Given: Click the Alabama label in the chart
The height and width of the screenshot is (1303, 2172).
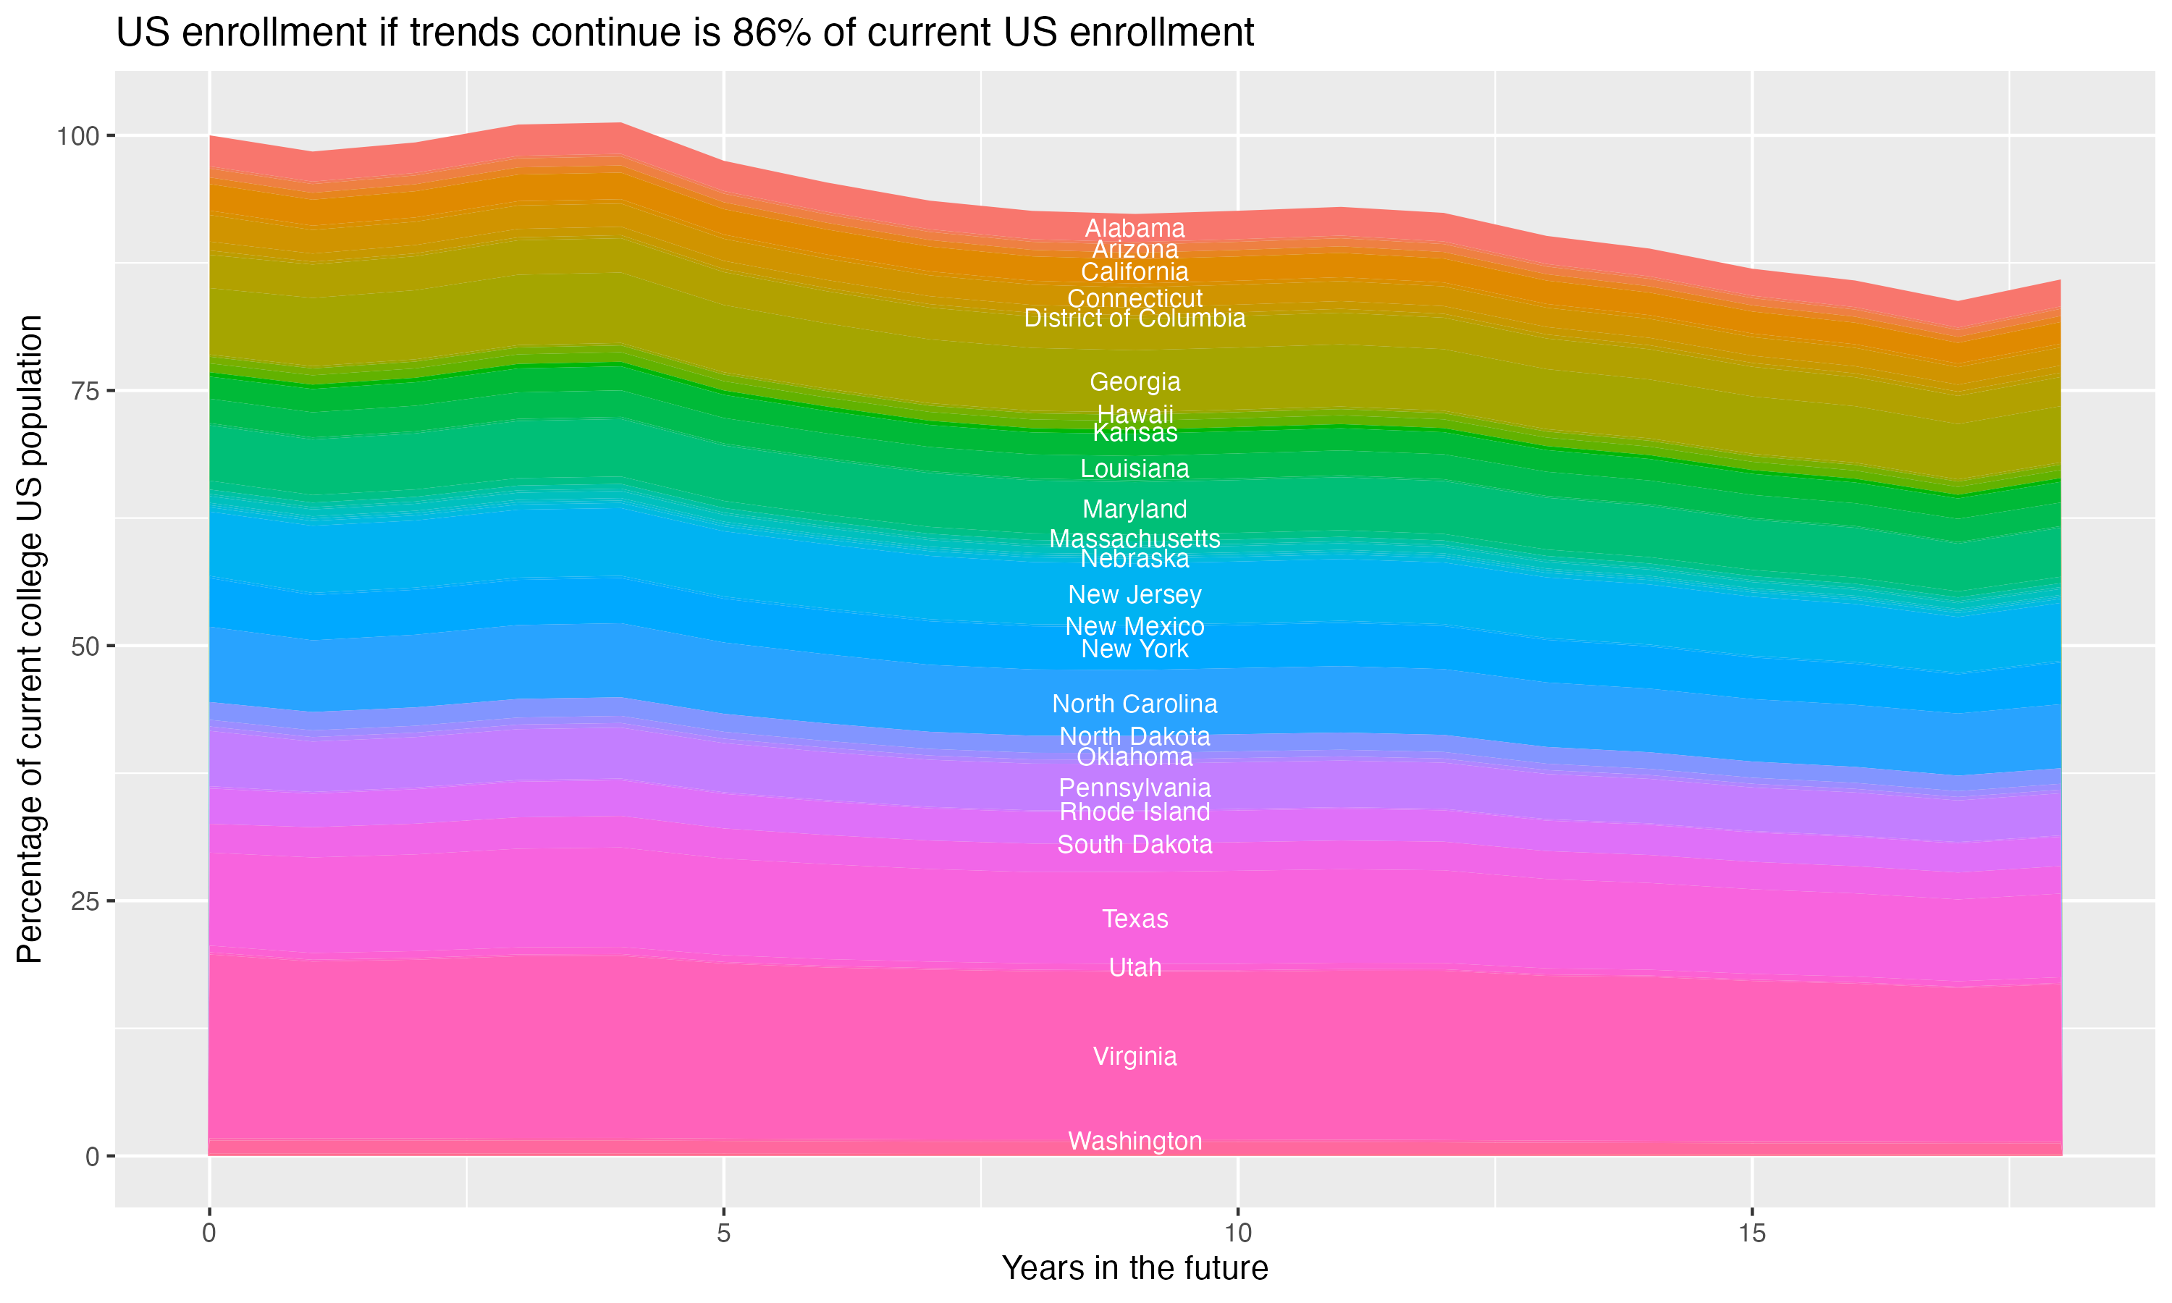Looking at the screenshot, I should point(1135,228).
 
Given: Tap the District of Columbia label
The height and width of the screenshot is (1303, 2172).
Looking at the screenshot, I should point(1135,318).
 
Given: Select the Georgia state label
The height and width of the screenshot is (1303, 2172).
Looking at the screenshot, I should point(1135,382).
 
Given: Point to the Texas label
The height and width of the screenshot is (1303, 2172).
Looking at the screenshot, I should point(1135,919).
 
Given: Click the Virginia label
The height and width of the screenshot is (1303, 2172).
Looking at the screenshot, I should point(1135,1055).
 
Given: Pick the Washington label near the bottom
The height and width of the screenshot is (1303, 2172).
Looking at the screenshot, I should point(1135,1141).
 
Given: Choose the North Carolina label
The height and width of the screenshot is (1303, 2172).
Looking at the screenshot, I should point(1135,704).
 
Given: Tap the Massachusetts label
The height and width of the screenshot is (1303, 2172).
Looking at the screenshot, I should point(1135,539).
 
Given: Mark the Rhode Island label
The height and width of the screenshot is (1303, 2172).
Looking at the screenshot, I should point(1135,811).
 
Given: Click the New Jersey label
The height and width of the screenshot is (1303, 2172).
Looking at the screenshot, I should point(1135,594).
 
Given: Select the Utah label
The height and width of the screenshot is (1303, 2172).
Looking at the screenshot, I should point(1135,966).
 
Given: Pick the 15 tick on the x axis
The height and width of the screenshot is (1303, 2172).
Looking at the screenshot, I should point(1751,1234).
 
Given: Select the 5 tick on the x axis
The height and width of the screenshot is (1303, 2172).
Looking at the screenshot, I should point(723,1234).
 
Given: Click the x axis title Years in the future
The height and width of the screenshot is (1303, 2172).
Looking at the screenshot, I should point(1135,1268).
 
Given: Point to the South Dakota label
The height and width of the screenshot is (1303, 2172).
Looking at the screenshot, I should point(1135,844).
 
